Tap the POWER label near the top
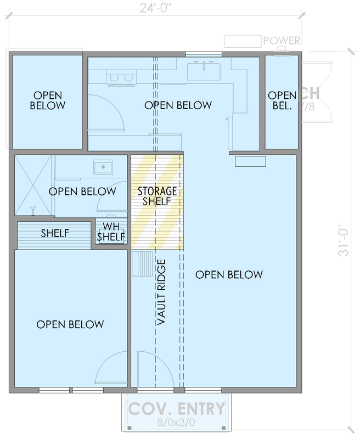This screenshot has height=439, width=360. coord(282,41)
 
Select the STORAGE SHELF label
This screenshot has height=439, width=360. coord(157,196)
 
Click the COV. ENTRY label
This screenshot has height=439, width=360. coord(176,409)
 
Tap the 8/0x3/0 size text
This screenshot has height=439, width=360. coord(176,423)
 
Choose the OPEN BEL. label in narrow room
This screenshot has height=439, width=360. coord(282,100)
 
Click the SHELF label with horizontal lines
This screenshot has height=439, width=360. coord(55,234)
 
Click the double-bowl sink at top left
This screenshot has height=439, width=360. coord(121,78)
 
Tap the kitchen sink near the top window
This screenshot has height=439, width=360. coord(204,72)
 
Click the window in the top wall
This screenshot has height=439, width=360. coord(204,54)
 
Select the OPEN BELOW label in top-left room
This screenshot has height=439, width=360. coord(48,100)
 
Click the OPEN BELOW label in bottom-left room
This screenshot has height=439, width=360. coord(70,324)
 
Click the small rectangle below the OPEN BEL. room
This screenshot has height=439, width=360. coord(250,161)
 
